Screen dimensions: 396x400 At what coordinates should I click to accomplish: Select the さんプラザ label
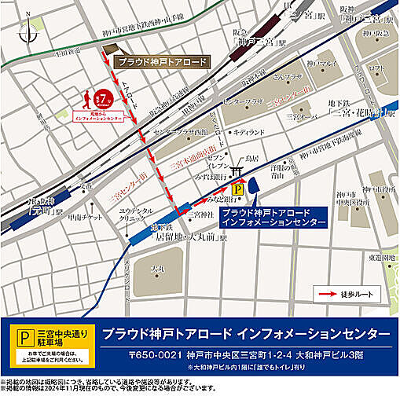tap(284, 76)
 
